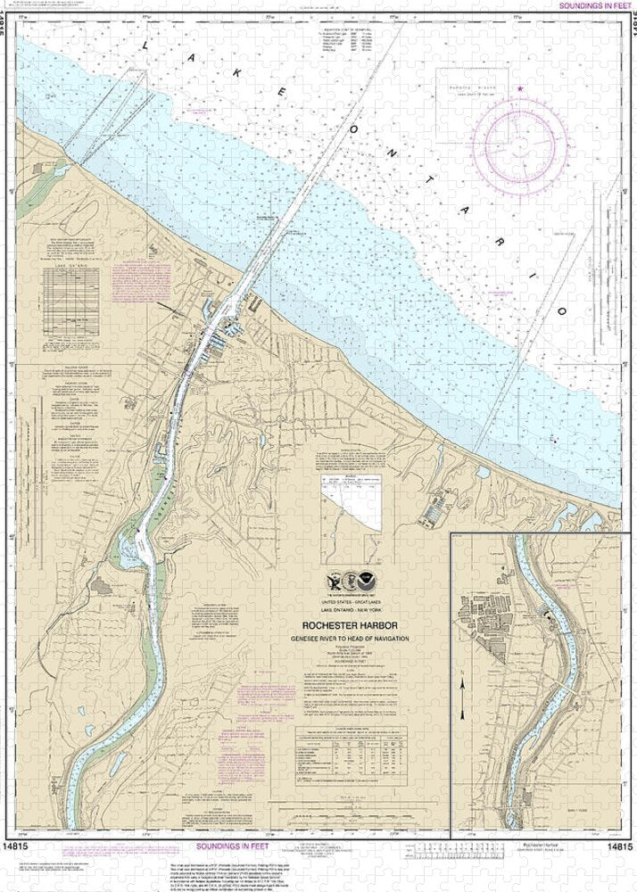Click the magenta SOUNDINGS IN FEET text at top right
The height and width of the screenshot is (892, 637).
(590, 5)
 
